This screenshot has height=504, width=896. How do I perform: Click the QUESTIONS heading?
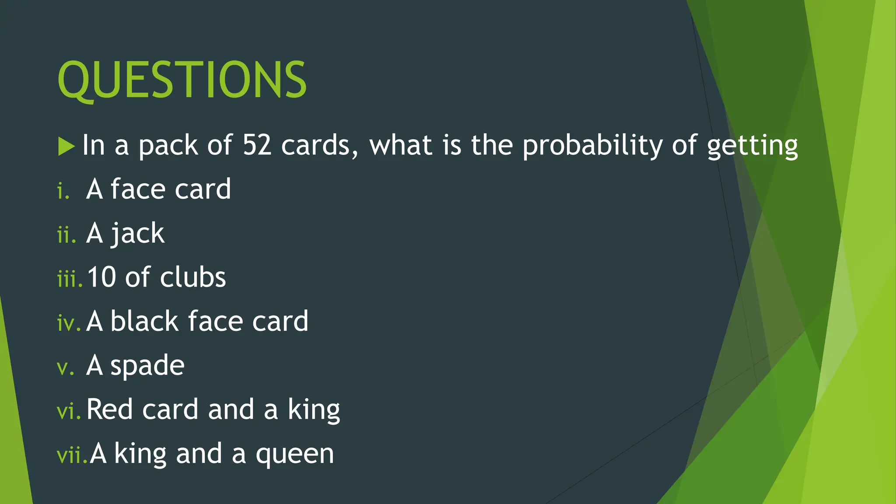pos(182,80)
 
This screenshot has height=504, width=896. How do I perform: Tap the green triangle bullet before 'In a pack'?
pos(66,146)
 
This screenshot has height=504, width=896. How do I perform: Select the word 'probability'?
pos(592,146)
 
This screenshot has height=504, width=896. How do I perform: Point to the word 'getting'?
pos(752,146)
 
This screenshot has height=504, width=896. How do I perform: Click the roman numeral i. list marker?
pos(63,191)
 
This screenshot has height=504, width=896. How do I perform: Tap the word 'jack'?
pos(137,233)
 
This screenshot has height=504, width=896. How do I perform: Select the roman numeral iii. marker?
pos(69,279)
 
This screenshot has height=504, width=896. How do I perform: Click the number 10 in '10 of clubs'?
pos(101,277)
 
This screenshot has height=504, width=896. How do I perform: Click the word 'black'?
pos(144,321)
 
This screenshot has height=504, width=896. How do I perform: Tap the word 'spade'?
pos(147,366)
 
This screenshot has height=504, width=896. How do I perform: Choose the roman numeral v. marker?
pos(65,368)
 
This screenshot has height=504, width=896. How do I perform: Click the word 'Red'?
pos(109,409)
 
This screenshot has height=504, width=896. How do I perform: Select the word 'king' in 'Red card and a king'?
pos(314,410)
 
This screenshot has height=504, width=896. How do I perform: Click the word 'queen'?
pos(295,455)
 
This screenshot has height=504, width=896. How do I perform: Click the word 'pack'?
pos(168,146)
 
